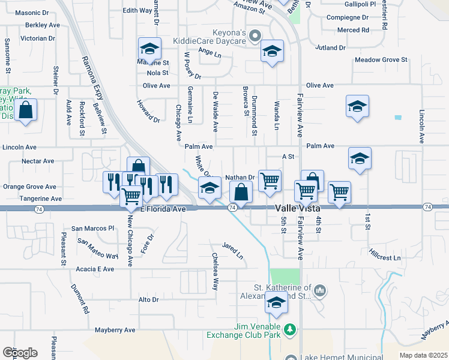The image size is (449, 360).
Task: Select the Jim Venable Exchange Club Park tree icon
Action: [291, 329]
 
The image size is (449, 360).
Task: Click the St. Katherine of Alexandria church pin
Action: [321, 292]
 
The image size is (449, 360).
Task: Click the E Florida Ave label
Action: [163, 209]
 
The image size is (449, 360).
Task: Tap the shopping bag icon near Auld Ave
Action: [26, 110]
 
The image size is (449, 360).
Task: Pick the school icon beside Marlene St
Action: [149, 49]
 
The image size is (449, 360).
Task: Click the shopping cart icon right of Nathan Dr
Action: [270, 179]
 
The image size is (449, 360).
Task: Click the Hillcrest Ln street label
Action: [384, 257]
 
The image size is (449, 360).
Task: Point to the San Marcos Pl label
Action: [92, 229]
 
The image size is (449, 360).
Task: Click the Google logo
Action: [19, 352]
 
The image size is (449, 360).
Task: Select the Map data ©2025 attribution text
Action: [423, 355]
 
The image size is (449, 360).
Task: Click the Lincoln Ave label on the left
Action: [20, 147]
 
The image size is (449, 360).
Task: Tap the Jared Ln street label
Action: [232, 251]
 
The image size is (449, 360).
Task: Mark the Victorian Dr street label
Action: [38, 38]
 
